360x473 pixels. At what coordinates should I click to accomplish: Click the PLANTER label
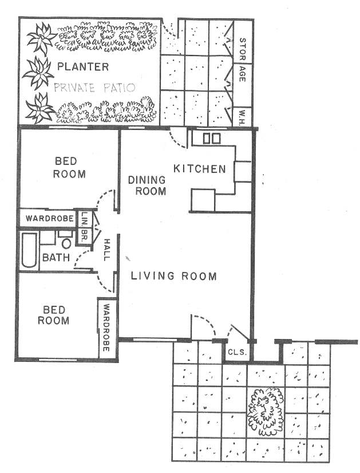[83, 66]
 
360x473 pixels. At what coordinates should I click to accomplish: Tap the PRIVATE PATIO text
[94, 88]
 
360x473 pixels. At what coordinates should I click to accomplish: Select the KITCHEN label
[200, 169]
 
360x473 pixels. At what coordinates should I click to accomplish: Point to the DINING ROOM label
[147, 186]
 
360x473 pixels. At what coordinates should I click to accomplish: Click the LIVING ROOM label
[173, 276]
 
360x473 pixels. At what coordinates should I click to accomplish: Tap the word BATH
[56, 257]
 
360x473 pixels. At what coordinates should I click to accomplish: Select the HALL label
[107, 250]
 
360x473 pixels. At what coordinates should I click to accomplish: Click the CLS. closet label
[238, 352]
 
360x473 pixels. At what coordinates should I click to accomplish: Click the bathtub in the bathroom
[30, 250]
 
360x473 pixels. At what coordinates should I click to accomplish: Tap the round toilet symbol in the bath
[66, 243]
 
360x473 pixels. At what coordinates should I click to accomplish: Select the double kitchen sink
[212, 139]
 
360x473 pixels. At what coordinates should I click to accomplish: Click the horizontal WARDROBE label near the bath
[50, 218]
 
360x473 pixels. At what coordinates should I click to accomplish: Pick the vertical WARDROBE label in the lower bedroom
[106, 328]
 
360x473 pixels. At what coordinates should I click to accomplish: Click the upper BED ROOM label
[69, 168]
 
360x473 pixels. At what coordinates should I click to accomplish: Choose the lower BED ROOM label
[54, 315]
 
